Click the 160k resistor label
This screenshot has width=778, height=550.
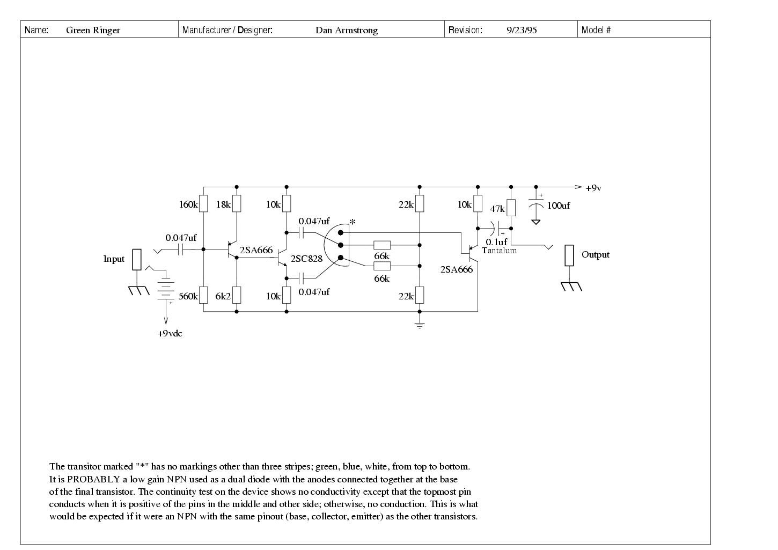coord(188,204)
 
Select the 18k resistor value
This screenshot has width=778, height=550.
coord(223,204)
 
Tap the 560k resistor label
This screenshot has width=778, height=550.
coord(188,296)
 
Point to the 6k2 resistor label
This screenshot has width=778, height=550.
coord(223,296)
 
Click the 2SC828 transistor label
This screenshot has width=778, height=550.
coord(306,259)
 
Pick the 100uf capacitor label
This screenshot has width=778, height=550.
coord(559,206)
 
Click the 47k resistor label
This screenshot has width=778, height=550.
coord(497,209)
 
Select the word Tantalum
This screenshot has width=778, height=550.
coord(499,251)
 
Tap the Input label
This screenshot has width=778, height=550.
coord(114,259)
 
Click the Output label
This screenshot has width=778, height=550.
coord(596,255)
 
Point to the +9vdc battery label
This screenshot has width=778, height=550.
coord(170,334)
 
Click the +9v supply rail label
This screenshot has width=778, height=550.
coord(593,188)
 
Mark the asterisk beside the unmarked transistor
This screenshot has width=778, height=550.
coord(353,221)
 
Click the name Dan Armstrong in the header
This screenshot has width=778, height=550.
coord(347,30)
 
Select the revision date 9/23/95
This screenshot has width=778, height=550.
coord(522,30)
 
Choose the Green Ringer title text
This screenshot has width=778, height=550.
coord(93,30)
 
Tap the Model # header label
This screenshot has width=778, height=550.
coord(596,30)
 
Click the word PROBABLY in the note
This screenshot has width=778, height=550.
coord(93,479)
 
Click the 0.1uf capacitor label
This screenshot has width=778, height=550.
coord(496,242)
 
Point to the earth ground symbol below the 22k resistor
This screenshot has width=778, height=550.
coord(420,325)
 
